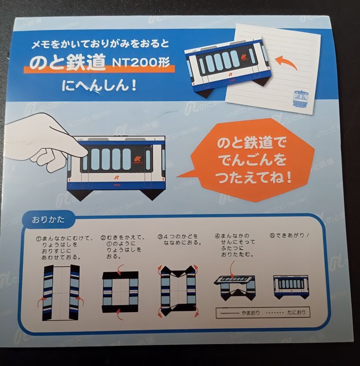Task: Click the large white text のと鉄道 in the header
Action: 67,64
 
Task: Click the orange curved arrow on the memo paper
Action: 286,63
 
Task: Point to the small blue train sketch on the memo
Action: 299,99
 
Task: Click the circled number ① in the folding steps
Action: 39,238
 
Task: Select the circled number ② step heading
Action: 104,238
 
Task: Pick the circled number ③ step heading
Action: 161,237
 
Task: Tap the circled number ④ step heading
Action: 218,237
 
